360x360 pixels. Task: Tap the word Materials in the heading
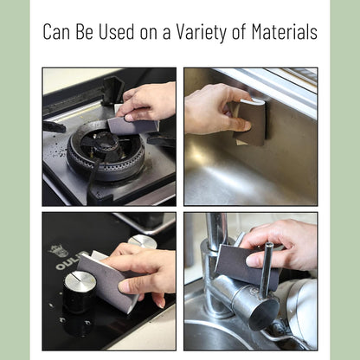[285, 31]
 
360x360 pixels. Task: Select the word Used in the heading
[117, 31]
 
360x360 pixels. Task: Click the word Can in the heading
[56, 31]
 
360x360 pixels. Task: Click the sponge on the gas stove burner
[133, 124]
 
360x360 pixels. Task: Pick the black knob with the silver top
[80, 291]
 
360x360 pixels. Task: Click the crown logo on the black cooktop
[58, 250]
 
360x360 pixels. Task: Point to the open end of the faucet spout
[264, 314]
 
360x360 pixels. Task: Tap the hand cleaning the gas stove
[147, 101]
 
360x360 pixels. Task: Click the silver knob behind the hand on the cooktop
[142, 241]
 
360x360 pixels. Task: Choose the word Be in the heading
[84, 31]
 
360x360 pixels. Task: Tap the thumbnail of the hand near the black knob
[125, 286]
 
